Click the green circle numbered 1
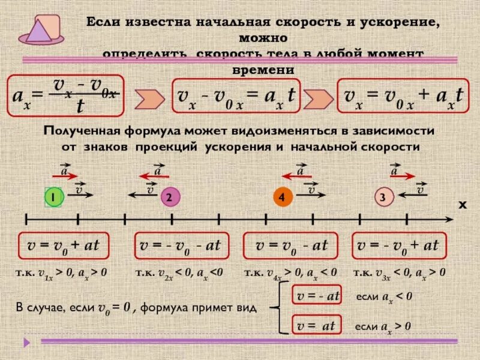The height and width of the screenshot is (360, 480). click(54, 197)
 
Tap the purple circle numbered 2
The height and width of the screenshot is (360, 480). click(170, 197)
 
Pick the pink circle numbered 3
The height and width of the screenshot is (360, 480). click(382, 197)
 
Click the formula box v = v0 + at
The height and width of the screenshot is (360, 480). click(64, 245)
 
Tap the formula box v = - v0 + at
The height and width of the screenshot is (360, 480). click(398, 245)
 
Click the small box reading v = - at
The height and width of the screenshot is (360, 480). click(317, 296)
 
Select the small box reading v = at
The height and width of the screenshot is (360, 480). click(317, 326)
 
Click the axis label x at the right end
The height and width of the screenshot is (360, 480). click(462, 205)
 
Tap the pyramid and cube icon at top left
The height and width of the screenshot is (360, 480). click(41, 29)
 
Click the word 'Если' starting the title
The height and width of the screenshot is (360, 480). click(104, 22)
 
